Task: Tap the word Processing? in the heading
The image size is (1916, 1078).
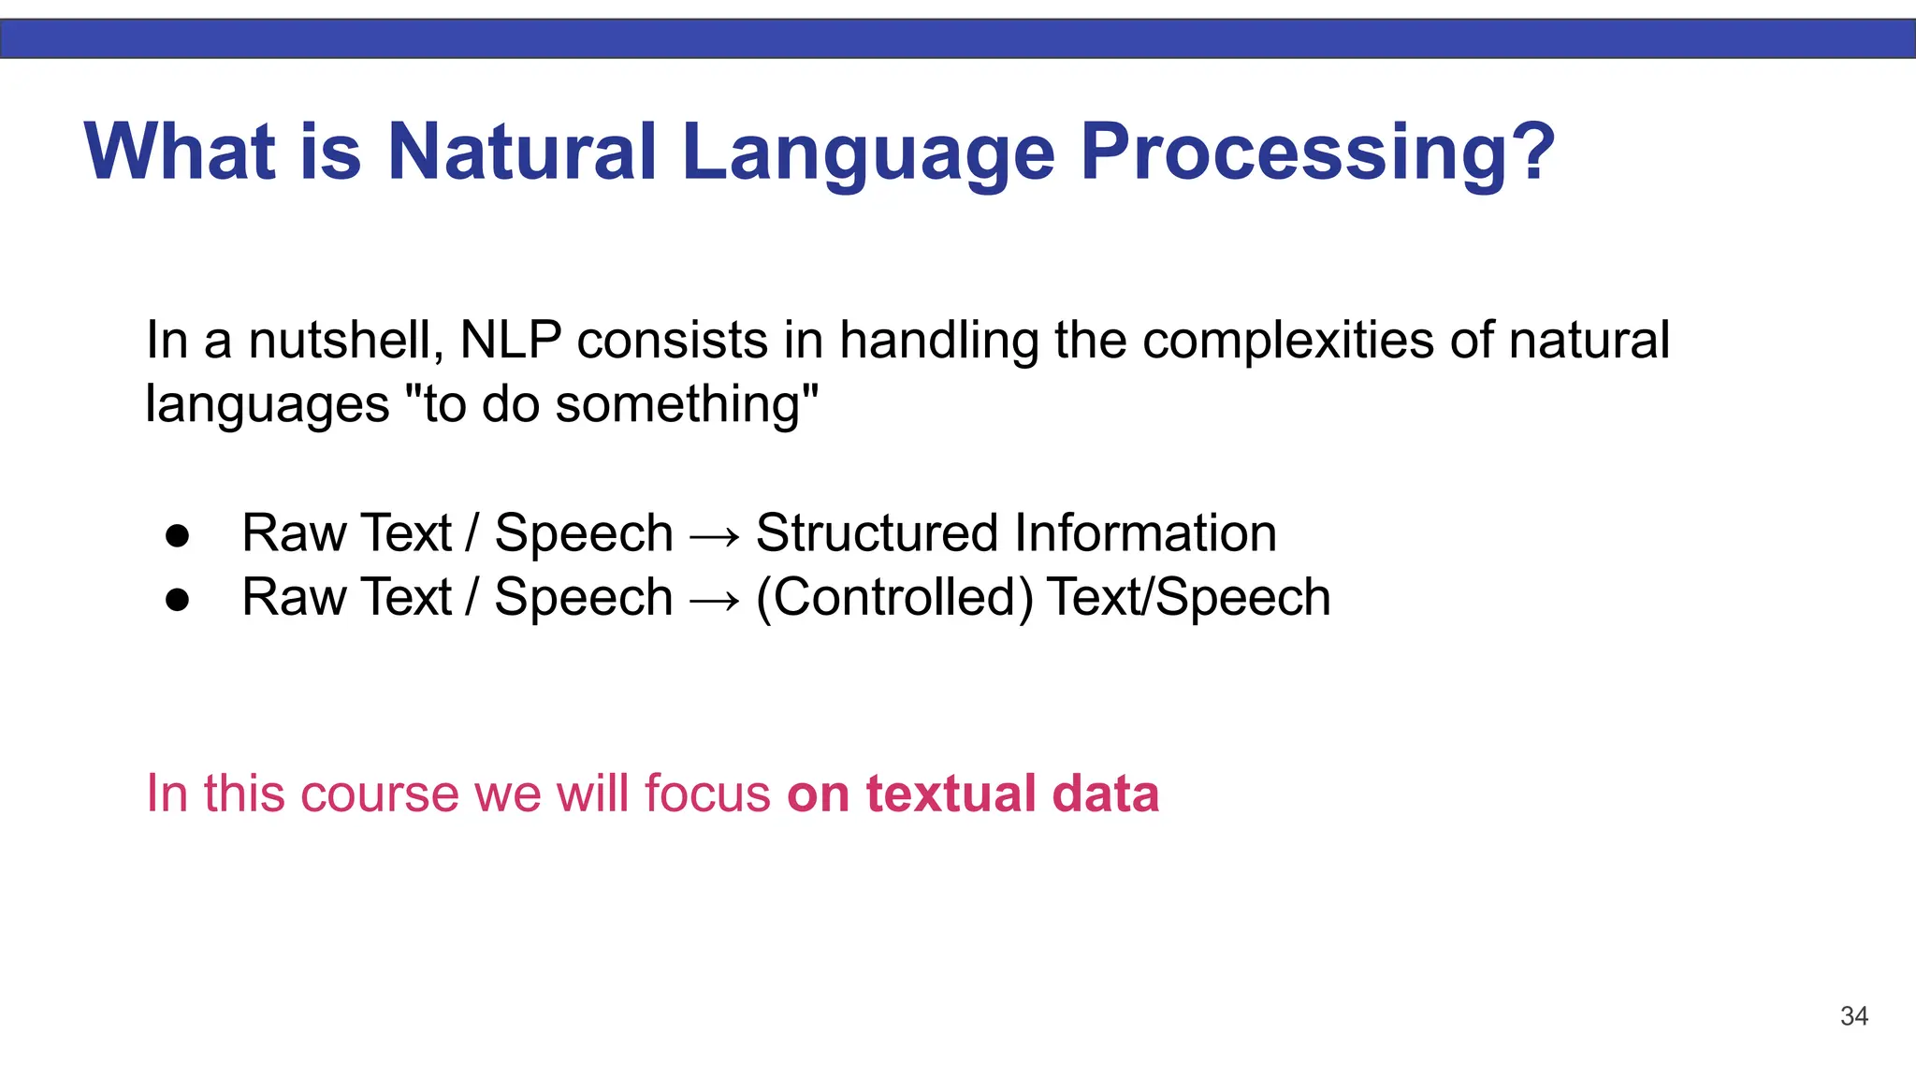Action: (1317, 152)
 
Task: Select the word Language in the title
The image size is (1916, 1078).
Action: (868, 152)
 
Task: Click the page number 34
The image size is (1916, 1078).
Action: (1853, 1016)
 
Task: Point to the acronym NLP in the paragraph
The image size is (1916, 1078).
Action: (511, 341)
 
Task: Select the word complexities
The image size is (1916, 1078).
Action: (1288, 341)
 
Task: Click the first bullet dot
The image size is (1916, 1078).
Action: (178, 536)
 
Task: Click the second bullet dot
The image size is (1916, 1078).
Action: (178, 600)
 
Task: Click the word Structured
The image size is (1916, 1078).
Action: (877, 533)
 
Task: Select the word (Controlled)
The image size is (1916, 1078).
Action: (894, 598)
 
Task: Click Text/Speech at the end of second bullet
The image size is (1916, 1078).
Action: (1188, 598)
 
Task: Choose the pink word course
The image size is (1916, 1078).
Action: (380, 794)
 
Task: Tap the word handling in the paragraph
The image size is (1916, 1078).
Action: (938, 341)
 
